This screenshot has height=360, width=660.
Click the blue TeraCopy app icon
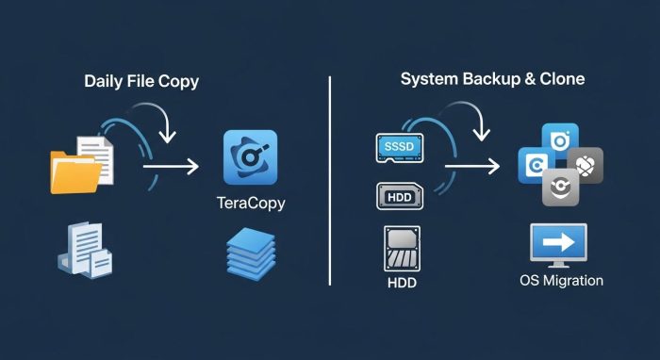(x=250, y=156)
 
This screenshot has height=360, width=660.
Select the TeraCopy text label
(x=250, y=204)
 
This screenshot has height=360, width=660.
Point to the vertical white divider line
(x=329, y=179)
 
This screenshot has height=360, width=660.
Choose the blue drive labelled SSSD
(x=401, y=146)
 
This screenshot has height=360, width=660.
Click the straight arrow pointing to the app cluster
(x=470, y=167)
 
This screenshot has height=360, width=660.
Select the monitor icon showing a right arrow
(x=560, y=243)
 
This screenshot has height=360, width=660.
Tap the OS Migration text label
(x=561, y=280)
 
